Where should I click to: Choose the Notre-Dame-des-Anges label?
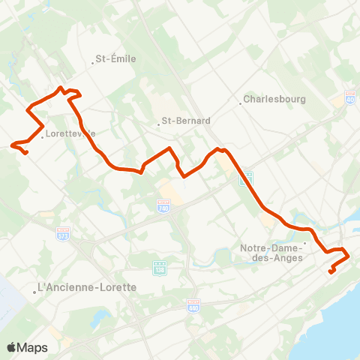tap(271, 253)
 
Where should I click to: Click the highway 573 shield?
tap(63, 235)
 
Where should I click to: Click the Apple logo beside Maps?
tap(12, 347)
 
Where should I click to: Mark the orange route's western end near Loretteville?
tap(27, 154)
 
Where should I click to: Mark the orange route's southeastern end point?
tap(330, 271)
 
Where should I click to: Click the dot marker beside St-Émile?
tap(92, 61)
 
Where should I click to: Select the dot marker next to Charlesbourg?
tap(241, 103)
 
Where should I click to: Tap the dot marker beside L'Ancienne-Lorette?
tap(35, 292)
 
